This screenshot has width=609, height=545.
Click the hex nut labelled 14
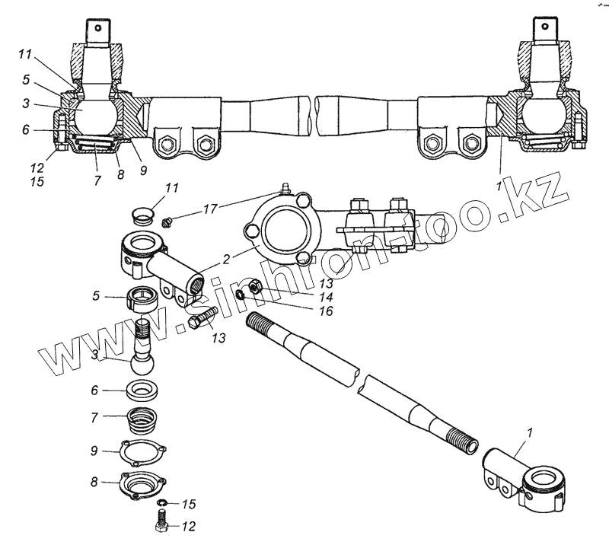tap(257, 287)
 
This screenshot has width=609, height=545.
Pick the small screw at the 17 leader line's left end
tap(167, 222)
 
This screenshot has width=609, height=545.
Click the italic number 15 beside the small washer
tap(188, 504)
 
